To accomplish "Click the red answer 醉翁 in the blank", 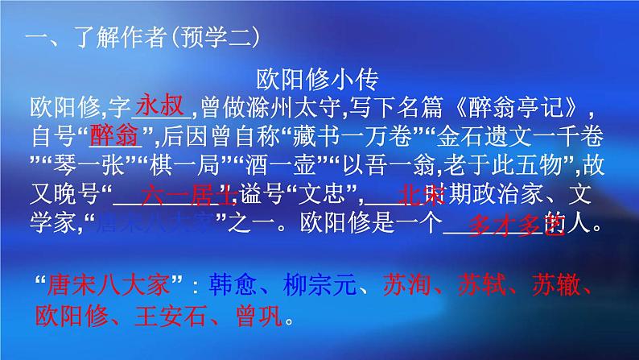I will pyautogui.click(x=112, y=134).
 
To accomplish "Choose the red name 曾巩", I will pyautogui.click(x=259, y=317).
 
